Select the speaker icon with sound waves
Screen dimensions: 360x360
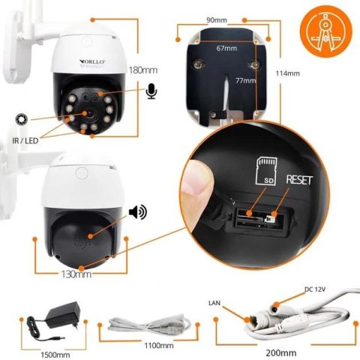pyautogui.click(x=137, y=212)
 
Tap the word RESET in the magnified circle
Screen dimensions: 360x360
pyautogui.click(x=296, y=180)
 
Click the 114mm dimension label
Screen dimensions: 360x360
pyautogui.click(x=287, y=73)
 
